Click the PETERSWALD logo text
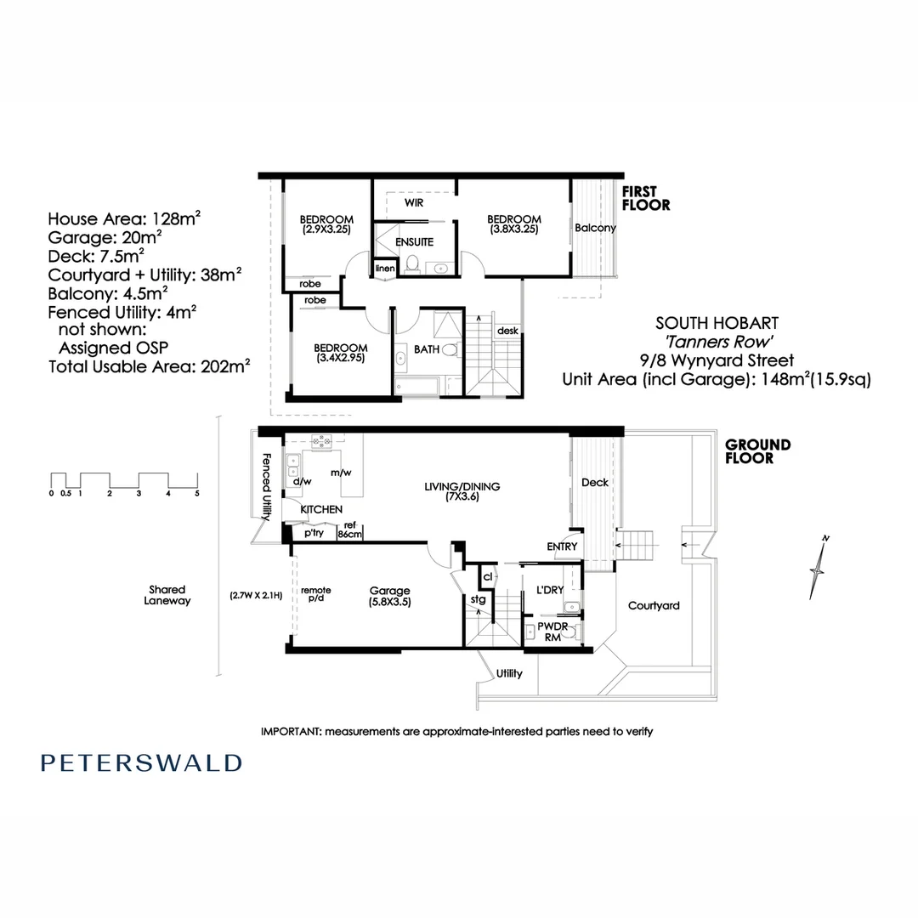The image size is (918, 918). [141, 762]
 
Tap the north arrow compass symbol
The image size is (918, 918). [819, 566]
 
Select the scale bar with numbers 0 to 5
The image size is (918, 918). [124, 483]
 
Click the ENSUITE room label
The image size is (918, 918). [414, 242]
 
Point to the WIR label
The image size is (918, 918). [414, 204]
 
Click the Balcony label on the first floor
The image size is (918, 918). [595, 228]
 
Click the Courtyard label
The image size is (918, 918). [653, 606]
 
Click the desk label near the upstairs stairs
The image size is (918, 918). [507, 331]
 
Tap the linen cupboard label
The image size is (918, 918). [385, 269]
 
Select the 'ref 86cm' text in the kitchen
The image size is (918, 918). [350, 530]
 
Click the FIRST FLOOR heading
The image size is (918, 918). [646, 198]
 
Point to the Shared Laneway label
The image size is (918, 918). [167, 595]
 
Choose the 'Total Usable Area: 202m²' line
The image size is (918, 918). [149, 367]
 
